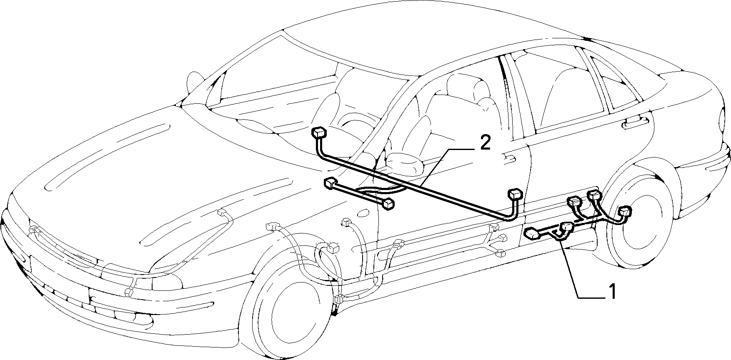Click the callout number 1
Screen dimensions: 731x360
pyautogui.click(x=611, y=291)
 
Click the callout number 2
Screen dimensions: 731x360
pyautogui.click(x=485, y=142)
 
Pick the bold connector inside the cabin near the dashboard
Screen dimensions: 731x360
pyautogui.click(x=318, y=133)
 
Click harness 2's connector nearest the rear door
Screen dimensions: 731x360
pyautogui.click(x=516, y=194)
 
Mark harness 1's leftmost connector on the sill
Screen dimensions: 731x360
pyautogui.click(x=532, y=234)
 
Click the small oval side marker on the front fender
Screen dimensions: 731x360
pyautogui.click(x=363, y=213)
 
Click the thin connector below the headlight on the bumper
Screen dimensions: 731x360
pyautogui.click(x=129, y=290)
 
